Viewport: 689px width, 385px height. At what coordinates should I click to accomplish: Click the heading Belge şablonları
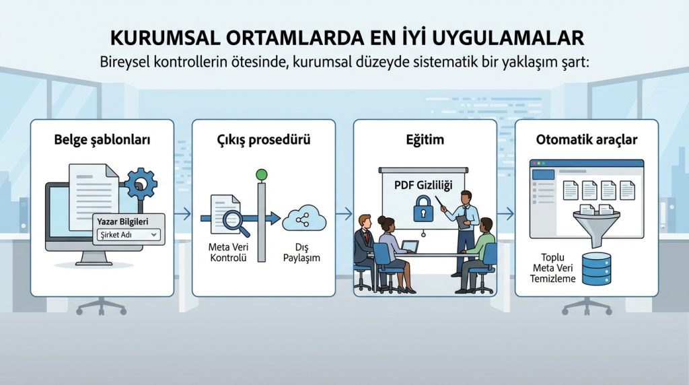tap(102, 141)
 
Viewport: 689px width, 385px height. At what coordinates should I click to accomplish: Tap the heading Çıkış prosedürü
tap(263, 141)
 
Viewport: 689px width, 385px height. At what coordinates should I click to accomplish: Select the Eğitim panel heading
tap(425, 141)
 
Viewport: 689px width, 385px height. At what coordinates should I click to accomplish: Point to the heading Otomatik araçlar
tap(587, 141)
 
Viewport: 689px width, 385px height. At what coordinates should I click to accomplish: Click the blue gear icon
tap(141, 182)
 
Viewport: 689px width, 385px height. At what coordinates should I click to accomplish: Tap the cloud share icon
tap(304, 218)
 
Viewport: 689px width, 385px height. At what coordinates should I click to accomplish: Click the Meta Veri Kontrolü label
tap(228, 252)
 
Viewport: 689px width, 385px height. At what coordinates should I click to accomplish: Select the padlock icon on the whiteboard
tap(423, 207)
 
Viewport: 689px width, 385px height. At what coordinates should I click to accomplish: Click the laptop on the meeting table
tap(409, 247)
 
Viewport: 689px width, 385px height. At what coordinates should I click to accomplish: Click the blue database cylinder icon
tap(596, 268)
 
